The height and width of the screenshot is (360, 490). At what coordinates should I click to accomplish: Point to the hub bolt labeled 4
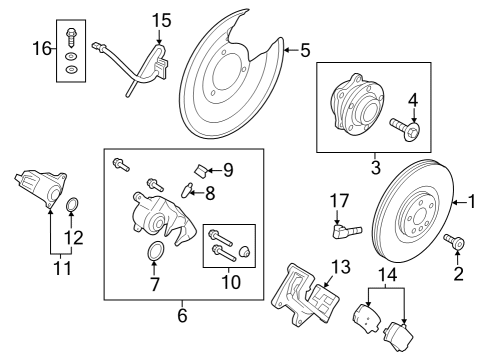(x=405, y=128)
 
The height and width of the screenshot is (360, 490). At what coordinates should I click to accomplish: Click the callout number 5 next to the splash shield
(x=305, y=48)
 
